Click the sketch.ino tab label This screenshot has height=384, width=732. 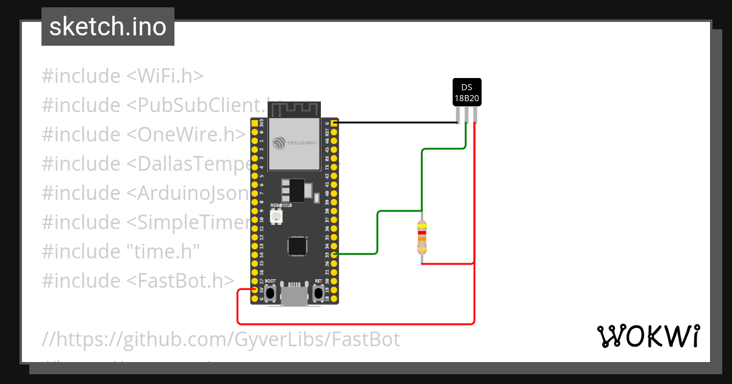(107, 27)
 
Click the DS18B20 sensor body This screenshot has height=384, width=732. (467, 92)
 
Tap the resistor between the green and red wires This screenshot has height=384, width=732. (422, 238)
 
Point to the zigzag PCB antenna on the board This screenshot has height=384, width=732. (295, 110)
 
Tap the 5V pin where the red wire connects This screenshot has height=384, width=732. (254, 290)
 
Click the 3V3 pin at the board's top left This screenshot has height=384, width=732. (254, 123)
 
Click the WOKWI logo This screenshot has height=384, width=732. (648, 336)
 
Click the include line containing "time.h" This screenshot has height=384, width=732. (121, 252)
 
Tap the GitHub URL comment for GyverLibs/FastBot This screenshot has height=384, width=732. (221, 339)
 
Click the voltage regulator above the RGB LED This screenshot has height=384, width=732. (293, 191)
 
